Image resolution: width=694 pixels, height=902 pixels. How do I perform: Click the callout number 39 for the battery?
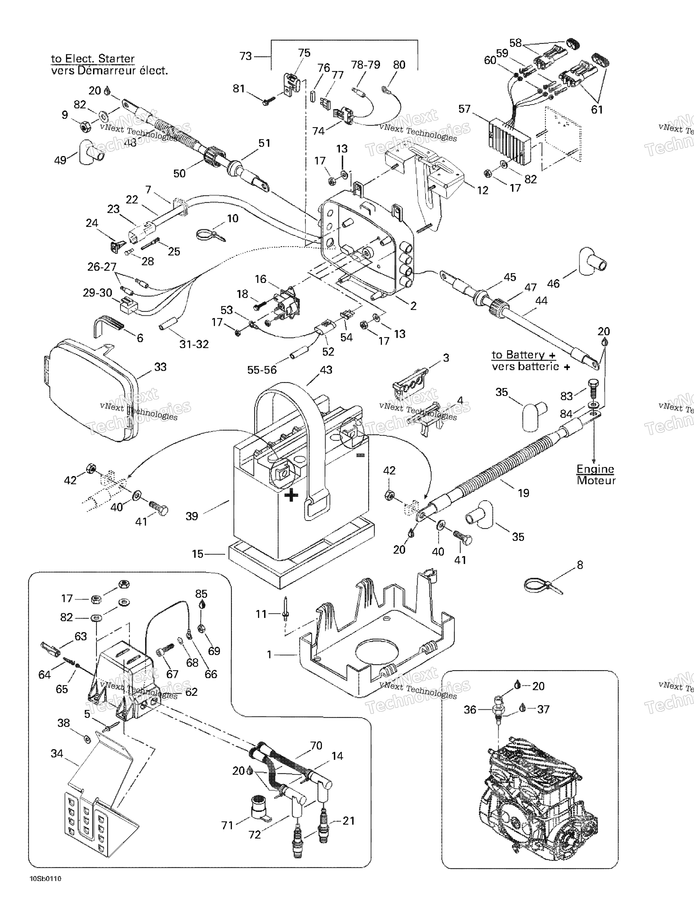192,516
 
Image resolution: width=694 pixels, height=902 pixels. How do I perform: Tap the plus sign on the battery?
292,495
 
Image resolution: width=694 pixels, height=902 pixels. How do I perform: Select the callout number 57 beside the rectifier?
465,109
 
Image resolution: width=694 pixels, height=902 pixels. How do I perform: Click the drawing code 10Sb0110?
46,890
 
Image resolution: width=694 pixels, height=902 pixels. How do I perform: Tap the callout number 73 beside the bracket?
246,56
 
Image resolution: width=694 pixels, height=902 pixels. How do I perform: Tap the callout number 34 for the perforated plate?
57,754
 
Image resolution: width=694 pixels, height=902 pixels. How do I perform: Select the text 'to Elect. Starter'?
93,59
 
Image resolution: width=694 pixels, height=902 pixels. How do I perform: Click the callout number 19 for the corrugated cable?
524,493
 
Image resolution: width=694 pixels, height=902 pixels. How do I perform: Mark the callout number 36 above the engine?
470,710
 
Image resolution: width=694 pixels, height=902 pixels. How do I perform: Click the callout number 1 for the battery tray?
269,655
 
